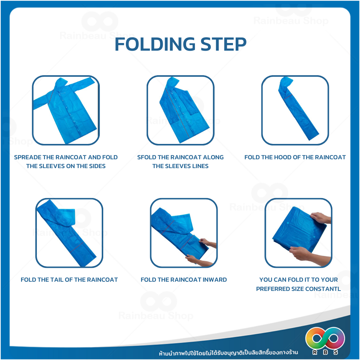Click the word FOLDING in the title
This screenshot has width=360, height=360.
155,44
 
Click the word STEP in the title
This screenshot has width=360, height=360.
223,44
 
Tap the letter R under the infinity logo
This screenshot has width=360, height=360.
315,352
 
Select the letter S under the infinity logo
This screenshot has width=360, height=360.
336,352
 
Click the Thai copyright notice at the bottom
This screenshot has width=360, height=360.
228,352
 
